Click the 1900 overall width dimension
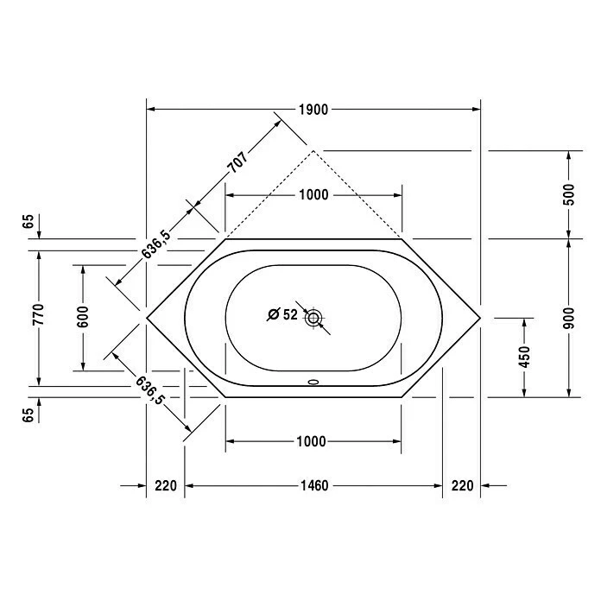pos(313,110)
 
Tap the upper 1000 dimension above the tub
pos(313,195)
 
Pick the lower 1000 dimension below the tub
pos(311,441)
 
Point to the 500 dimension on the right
pos(567,194)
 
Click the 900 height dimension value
pos(567,317)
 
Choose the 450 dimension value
pos(524,356)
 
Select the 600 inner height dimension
pos(83,317)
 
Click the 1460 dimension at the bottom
pos(313,486)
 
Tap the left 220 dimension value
pos(166,486)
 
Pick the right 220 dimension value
pos(462,486)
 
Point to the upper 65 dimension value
pos(28,222)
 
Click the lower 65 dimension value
pos(28,414)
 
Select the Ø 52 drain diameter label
pos(282,315)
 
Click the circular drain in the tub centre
pos(313,317)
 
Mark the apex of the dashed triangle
pos(313,150)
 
